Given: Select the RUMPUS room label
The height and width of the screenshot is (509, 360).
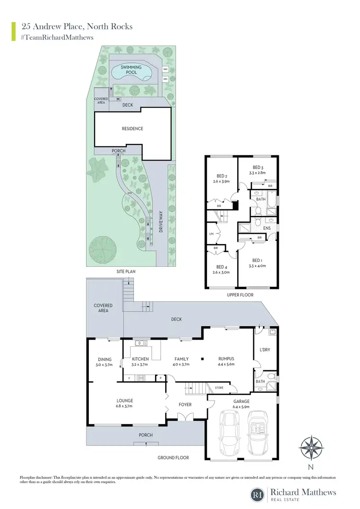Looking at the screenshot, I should [226, 359].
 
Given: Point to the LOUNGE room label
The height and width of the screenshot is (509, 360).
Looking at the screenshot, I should [125, 401].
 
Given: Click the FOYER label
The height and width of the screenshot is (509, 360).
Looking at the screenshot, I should [185, 404].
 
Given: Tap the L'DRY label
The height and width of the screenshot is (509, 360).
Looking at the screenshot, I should [265, 350].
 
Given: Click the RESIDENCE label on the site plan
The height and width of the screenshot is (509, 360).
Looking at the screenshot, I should [132, 129].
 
